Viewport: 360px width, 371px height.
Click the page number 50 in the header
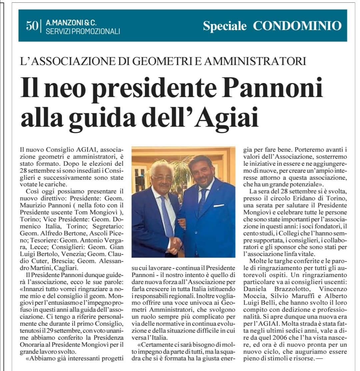[x=32, y=26]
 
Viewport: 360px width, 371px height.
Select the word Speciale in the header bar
[x=225, y=26]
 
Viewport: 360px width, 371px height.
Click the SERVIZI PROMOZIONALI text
[x=83, y=32]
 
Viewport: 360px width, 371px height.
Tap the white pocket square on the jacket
[x=219, y=206]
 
